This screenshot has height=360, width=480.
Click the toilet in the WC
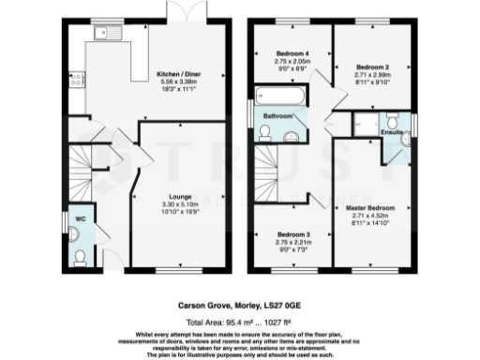pyautogui.click(x=81, y=254)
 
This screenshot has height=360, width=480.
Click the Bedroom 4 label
pyautogui.click(x=292, y=52)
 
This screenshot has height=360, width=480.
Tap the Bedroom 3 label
pyautogui.click(x=292, y=234)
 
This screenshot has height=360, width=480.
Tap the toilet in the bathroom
pyautogui.click(x=266, y=138)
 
